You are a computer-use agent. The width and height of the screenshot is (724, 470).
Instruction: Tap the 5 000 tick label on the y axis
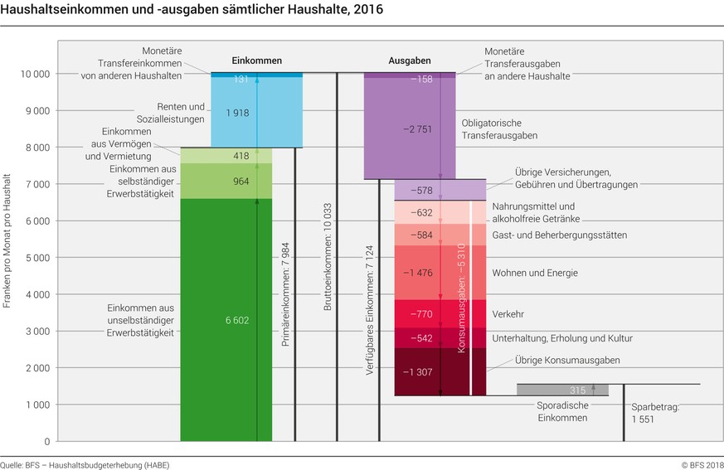pyautogui.click(x=34, y=258)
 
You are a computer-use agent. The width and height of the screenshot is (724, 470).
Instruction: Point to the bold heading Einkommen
pyautogui.click(x=256, y=61)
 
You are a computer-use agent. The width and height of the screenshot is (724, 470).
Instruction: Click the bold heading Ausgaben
pyautogui.click(x=410, y=61)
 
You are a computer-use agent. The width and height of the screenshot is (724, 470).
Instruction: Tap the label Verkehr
pyautogui.click(x=508, y=314)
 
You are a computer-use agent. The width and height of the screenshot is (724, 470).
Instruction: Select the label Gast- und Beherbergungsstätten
pyautogui.click(x=559, y=235)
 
